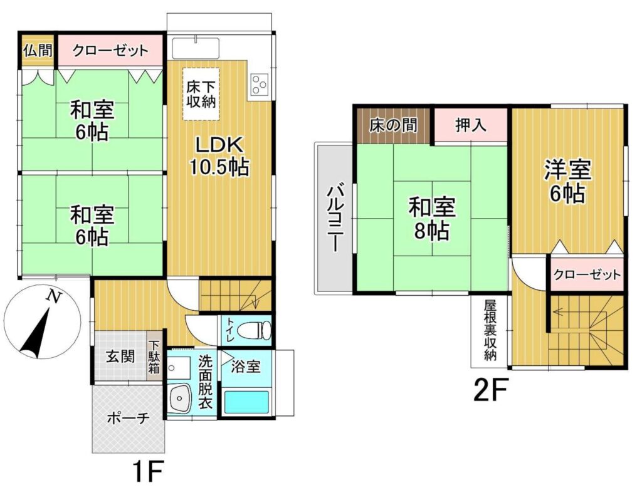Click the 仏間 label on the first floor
[x=38, y=50]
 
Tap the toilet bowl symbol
[x=255, y=328]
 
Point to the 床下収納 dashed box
[x=201, y=94]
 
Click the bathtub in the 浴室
[x=246, y=402]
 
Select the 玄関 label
[x=121, y=357]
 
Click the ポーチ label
[x=129, y=418]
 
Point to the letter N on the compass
[x=52, y=296]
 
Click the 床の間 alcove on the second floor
[x=394, y=125]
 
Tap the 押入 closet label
[x=471, y=125]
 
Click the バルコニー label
[x=335, y=218]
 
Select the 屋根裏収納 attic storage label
[x=490, y=331]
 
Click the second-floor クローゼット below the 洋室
[x=587, y=274]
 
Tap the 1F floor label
[x=148, y=472]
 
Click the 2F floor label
[x=490, y=390]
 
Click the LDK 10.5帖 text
[x=219, y=156]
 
